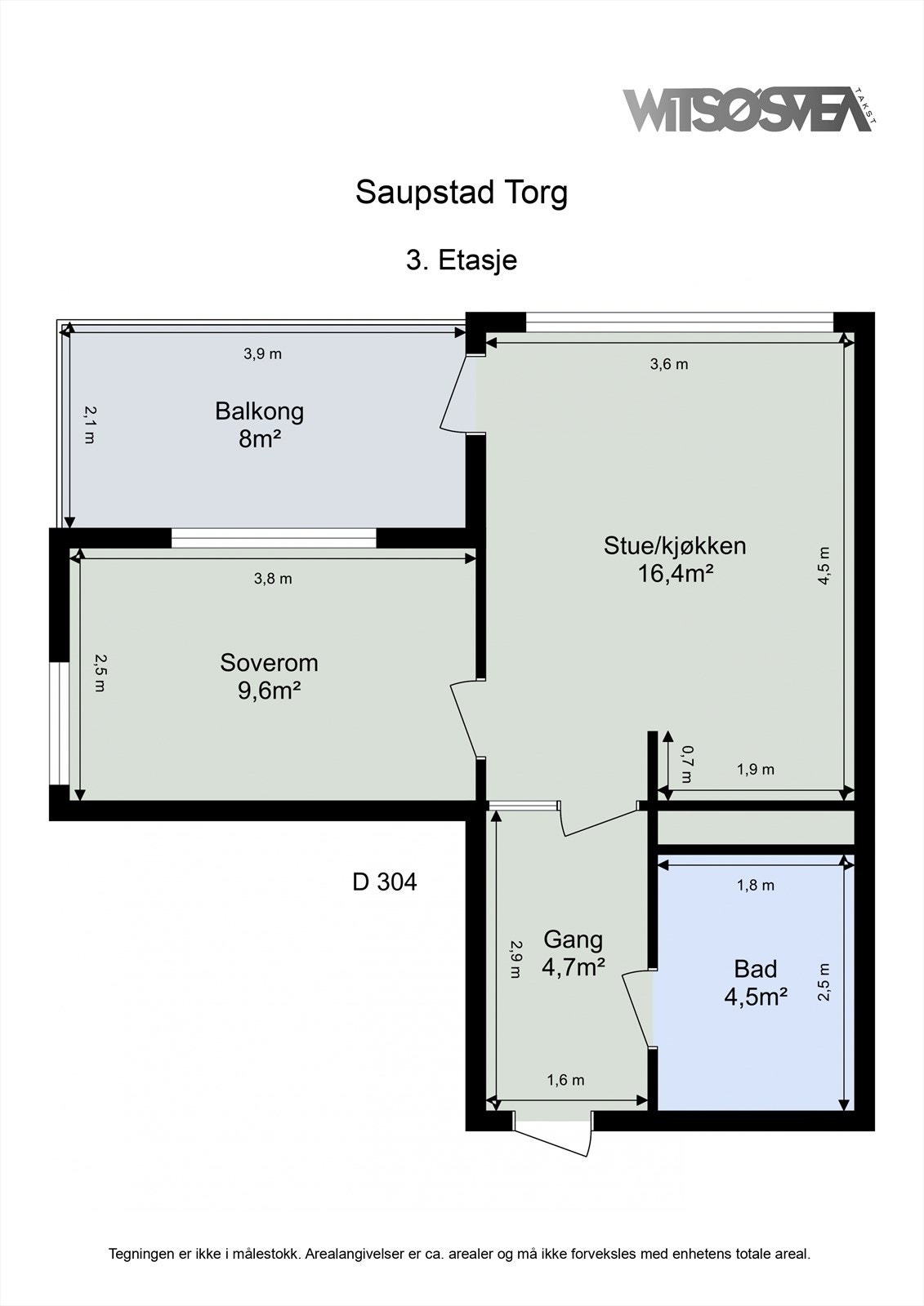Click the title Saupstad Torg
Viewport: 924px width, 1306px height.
click(461, 193)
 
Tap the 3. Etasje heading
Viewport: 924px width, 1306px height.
click(461, 260)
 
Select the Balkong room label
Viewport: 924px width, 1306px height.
click(259, 411)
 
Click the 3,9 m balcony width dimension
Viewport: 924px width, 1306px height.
click(262, 354)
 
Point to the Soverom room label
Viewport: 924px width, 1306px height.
click(269, 663)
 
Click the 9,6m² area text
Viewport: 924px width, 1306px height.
click(269, 691)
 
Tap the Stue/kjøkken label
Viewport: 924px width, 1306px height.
click(675, 545)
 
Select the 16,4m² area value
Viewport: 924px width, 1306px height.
click(676, 574)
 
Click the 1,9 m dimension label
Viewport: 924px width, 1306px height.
click(755, 769)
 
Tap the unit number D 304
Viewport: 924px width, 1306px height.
click(384, 882)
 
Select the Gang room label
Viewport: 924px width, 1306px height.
click(573, 940)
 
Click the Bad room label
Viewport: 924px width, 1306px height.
click(755, 969)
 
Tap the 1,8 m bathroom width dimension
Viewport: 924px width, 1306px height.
click(755, 885)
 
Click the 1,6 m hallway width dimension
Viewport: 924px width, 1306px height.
click(565, 1080)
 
